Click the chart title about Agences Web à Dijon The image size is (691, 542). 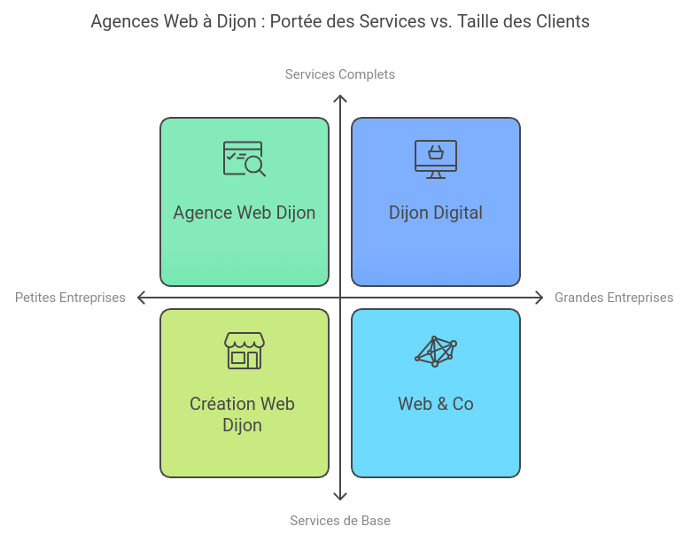tap(340, 21)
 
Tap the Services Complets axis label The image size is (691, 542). tap(340, 74)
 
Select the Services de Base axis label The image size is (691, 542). tap(340, 521)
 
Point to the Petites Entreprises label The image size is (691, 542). tap(70, 298)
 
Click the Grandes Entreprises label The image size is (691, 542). tap(614, 298)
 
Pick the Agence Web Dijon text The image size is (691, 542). tap(245, 213)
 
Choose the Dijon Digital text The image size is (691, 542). tap(435, 213)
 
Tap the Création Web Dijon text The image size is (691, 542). tap(243, 414)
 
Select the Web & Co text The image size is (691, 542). tap(435, 404)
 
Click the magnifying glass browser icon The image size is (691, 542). tap(245, 159)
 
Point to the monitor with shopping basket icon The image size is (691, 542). tap(435, 159)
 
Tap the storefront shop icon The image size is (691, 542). tap(245, 351)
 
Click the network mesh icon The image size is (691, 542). tap(435, 352)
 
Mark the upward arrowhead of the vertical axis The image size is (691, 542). tap(340, 97)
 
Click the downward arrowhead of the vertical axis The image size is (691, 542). tap(340, 497)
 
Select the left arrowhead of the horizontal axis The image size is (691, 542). tap(140, 298)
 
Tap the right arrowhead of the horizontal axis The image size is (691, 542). tap(540, 298)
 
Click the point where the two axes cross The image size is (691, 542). tap(340, 298)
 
